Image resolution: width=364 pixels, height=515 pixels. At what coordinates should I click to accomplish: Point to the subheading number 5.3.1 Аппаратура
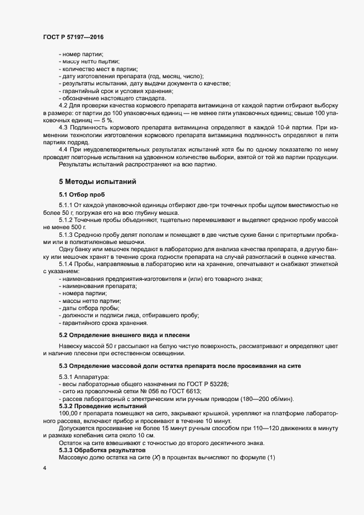pyautogui.click(x=67, y=376)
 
